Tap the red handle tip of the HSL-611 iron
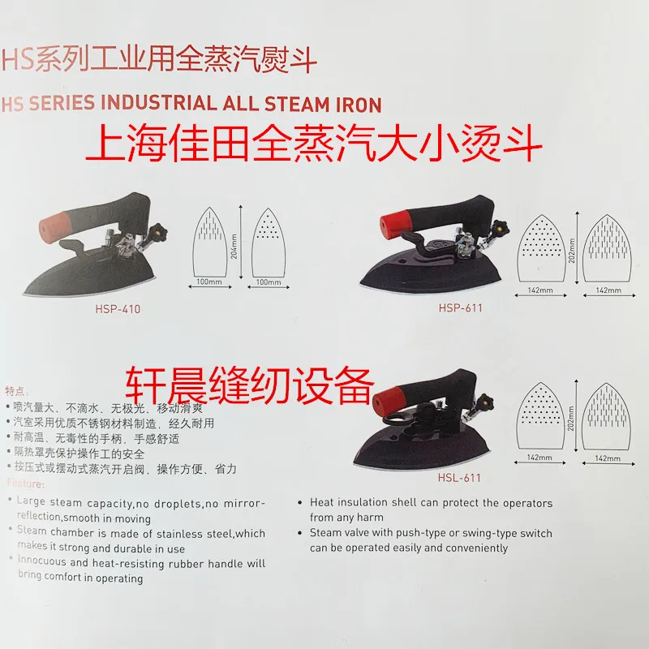click(x=388, y=398)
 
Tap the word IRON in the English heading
click(x=358, y=103)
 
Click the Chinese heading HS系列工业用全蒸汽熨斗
click(x=159, y=59)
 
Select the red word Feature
click(x=26, y=484)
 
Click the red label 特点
click(x=18, y=390)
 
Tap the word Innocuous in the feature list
click(x=45, y=562)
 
